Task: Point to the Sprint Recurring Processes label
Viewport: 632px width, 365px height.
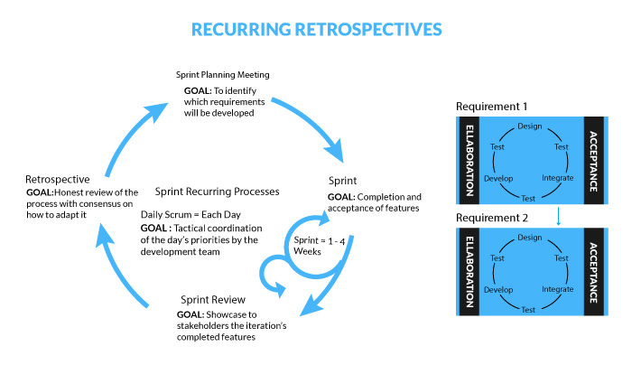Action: [x=222, y=192]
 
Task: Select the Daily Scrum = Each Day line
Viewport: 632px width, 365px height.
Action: [x=191, y=215]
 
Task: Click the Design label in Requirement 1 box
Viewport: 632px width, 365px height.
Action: [x=529, y=126]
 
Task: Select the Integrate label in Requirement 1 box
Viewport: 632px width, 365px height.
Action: [x=557, y=177]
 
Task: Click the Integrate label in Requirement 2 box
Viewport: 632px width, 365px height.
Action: [x=557, y=289]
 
